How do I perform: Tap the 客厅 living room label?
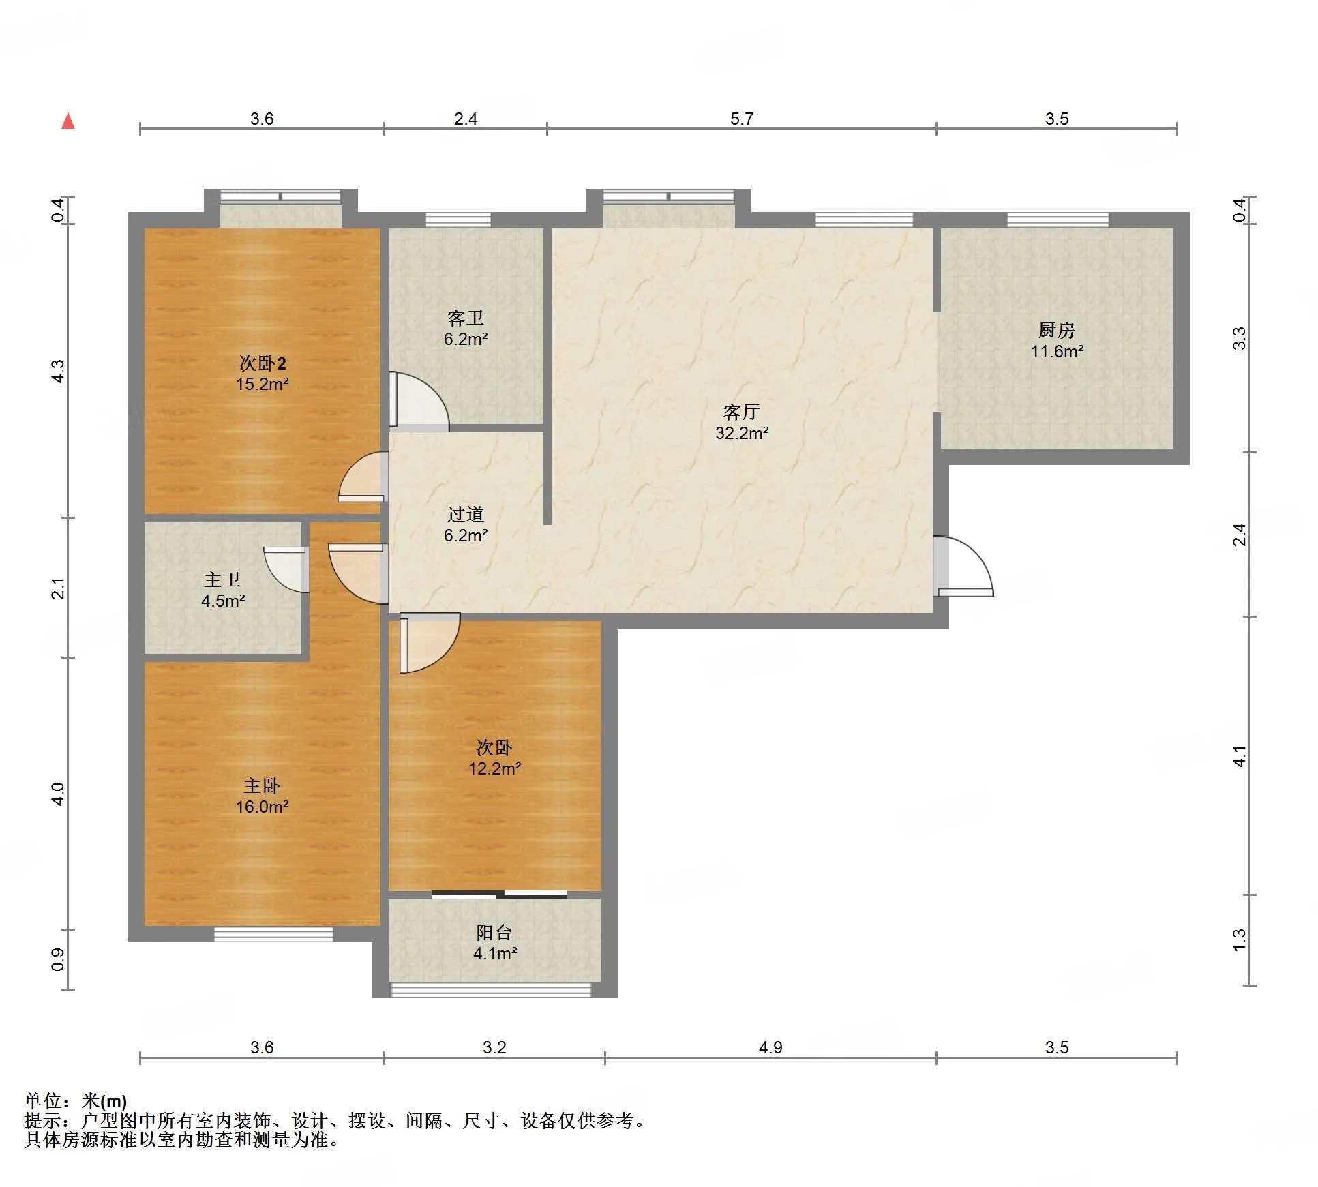click(x=742, y=412)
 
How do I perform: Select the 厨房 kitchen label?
click(x=1057, y=330)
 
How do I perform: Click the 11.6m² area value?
click(x=1057, y=351)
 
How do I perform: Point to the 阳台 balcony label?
click(x=494, y=932)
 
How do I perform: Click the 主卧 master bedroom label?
click(x=262, y=785)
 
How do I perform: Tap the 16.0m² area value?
click(x=262, y=807)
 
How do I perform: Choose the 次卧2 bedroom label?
click(x=262, y=363)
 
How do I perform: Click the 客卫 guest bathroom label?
click(x=466, y=318)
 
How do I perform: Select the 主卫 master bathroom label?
click(x=222, y=580)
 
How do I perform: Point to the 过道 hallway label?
click(x=466, y=514)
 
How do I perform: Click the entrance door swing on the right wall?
click(x=963, y=567)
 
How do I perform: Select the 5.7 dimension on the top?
click(x=742, y=119)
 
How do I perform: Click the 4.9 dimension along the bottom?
click(x=770, y=1047)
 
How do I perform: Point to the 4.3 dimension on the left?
click(x=59, y=371)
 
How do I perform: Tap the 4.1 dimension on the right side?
click(x=1240, y=756)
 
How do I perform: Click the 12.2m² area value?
click(x=494, y=768)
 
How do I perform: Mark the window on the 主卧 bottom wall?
click(x=273, y=934)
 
